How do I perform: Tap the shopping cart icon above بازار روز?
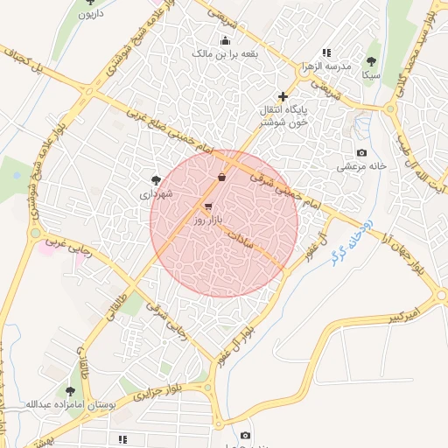point(207,207)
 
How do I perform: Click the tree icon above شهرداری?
point(156,179)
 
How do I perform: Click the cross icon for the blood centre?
point(282,95)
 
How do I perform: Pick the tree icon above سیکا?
point(372,61)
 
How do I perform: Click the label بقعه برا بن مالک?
point(226,53)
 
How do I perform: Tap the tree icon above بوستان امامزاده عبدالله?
point(70,390)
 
